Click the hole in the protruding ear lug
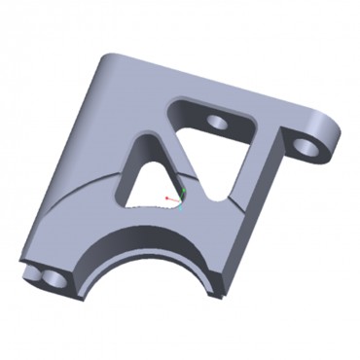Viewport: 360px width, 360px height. [306, 146]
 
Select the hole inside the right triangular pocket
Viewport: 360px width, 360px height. [217, 123]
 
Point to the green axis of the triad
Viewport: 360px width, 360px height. [181, 190]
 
